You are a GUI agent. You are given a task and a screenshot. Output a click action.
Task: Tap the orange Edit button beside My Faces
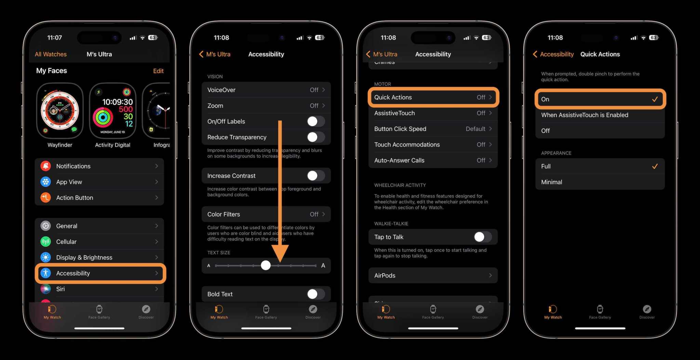[158, 71]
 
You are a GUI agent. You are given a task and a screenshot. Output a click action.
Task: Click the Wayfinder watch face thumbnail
[60, 110]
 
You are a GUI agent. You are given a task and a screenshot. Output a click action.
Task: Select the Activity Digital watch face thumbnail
[113, 110]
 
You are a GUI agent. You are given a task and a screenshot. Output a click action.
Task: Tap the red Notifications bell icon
[45, 166]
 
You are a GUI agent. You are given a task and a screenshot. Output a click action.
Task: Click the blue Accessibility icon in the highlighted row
[45, 273]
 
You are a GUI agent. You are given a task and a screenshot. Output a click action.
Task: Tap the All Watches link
[51, 54]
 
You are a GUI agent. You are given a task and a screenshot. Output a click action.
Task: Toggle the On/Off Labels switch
[315, 121]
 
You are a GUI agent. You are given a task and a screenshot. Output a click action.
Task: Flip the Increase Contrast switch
[315, 176]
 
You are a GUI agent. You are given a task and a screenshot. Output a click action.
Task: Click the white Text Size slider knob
[266, 265]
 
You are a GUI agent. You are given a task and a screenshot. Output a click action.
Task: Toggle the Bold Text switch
[315, 294]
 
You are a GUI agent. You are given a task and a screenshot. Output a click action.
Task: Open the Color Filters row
[266, 214]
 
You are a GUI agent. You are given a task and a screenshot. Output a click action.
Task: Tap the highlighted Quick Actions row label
[393, 97]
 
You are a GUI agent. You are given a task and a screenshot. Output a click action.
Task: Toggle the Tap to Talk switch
[483, 237]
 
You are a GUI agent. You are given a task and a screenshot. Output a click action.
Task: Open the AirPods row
[433, 276]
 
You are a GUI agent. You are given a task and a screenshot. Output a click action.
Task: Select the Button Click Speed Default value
[475, 129]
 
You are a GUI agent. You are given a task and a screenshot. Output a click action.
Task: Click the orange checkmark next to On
[655, 99]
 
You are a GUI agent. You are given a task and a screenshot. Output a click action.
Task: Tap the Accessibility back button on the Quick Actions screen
[553, 54]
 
